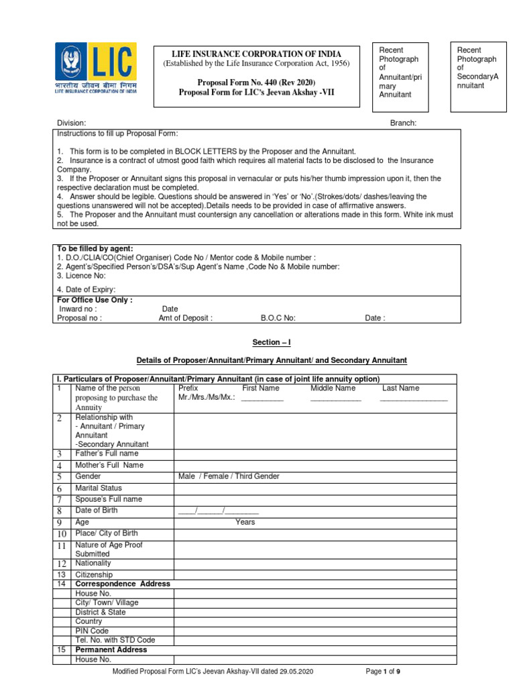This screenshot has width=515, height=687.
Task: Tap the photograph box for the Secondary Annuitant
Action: coord(479,73)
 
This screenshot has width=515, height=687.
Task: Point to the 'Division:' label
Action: coord(71,123)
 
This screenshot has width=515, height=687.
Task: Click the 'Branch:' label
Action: coord(404,123)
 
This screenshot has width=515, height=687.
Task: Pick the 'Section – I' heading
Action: coord(271,342)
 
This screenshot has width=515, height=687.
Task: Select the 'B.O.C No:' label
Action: coord(278,319)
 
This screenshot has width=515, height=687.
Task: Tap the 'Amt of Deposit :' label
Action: coord(185,319)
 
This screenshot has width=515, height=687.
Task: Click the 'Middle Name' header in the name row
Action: coord(333,388)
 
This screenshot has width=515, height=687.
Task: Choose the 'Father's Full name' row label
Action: coord(107,454)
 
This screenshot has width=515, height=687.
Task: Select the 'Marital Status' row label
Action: coord(99,488)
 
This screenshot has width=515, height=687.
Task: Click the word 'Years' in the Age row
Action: coord(245,522)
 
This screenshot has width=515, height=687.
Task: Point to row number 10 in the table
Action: coord(61,534)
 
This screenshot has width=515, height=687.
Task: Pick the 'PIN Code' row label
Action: coord(92,631)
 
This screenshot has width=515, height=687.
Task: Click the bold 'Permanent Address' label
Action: coord(111,649)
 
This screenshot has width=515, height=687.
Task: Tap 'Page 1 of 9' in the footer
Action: coord(383,671)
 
